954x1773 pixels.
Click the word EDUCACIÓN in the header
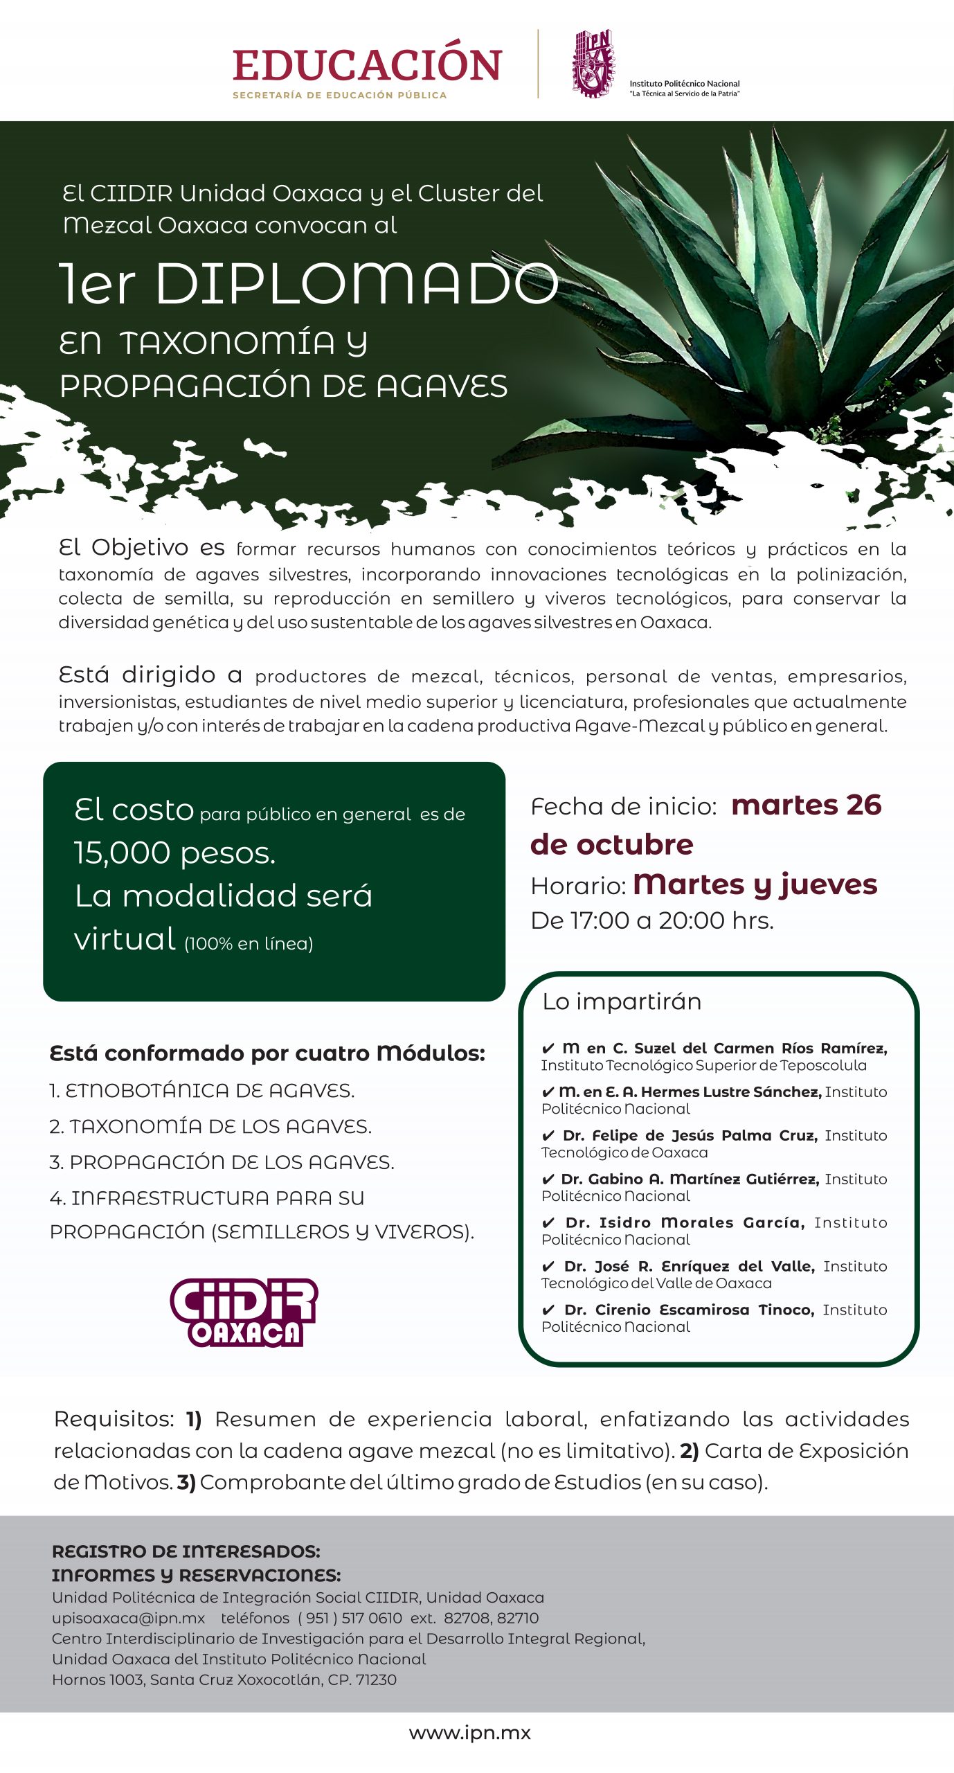(367, 65)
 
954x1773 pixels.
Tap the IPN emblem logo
(593, 63)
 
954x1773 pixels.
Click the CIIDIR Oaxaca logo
(244, 1312)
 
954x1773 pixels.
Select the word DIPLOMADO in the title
(357, 283)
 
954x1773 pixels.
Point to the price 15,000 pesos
(174, 853)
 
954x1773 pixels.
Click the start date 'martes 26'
(806, 805)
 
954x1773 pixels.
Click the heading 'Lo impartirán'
(622, 1001)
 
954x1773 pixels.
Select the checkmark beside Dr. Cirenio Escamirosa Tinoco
(548, 1310)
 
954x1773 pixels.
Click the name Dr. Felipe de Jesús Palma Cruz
(690, 1136)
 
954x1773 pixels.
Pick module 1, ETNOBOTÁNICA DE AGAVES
(202, 1091)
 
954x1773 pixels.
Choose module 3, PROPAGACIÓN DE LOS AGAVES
(222, 1162)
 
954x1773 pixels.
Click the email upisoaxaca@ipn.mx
(129, 1618)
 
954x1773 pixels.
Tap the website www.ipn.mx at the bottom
(469, 1733)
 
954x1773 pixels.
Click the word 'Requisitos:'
(114, 1419)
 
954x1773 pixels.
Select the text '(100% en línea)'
(249, 943)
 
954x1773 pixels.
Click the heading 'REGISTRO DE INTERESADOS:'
(186, 1551)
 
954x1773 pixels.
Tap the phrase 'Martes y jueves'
(755, 884)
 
